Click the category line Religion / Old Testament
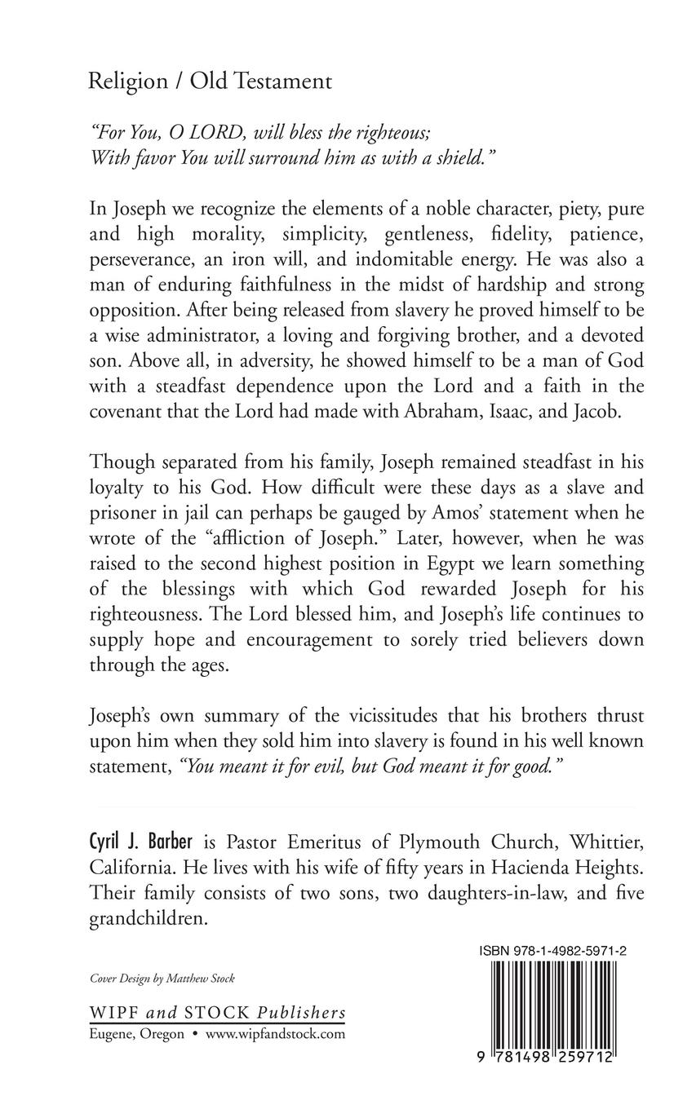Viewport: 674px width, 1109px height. (x=210, y=82)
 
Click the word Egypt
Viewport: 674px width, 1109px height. (x=446, y=563)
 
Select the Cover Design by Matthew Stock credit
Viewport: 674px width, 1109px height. (x=161, y=979)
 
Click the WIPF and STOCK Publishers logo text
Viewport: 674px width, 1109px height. (x=216, y=1013)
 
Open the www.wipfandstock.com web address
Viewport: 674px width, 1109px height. (x=275, y=1034)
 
